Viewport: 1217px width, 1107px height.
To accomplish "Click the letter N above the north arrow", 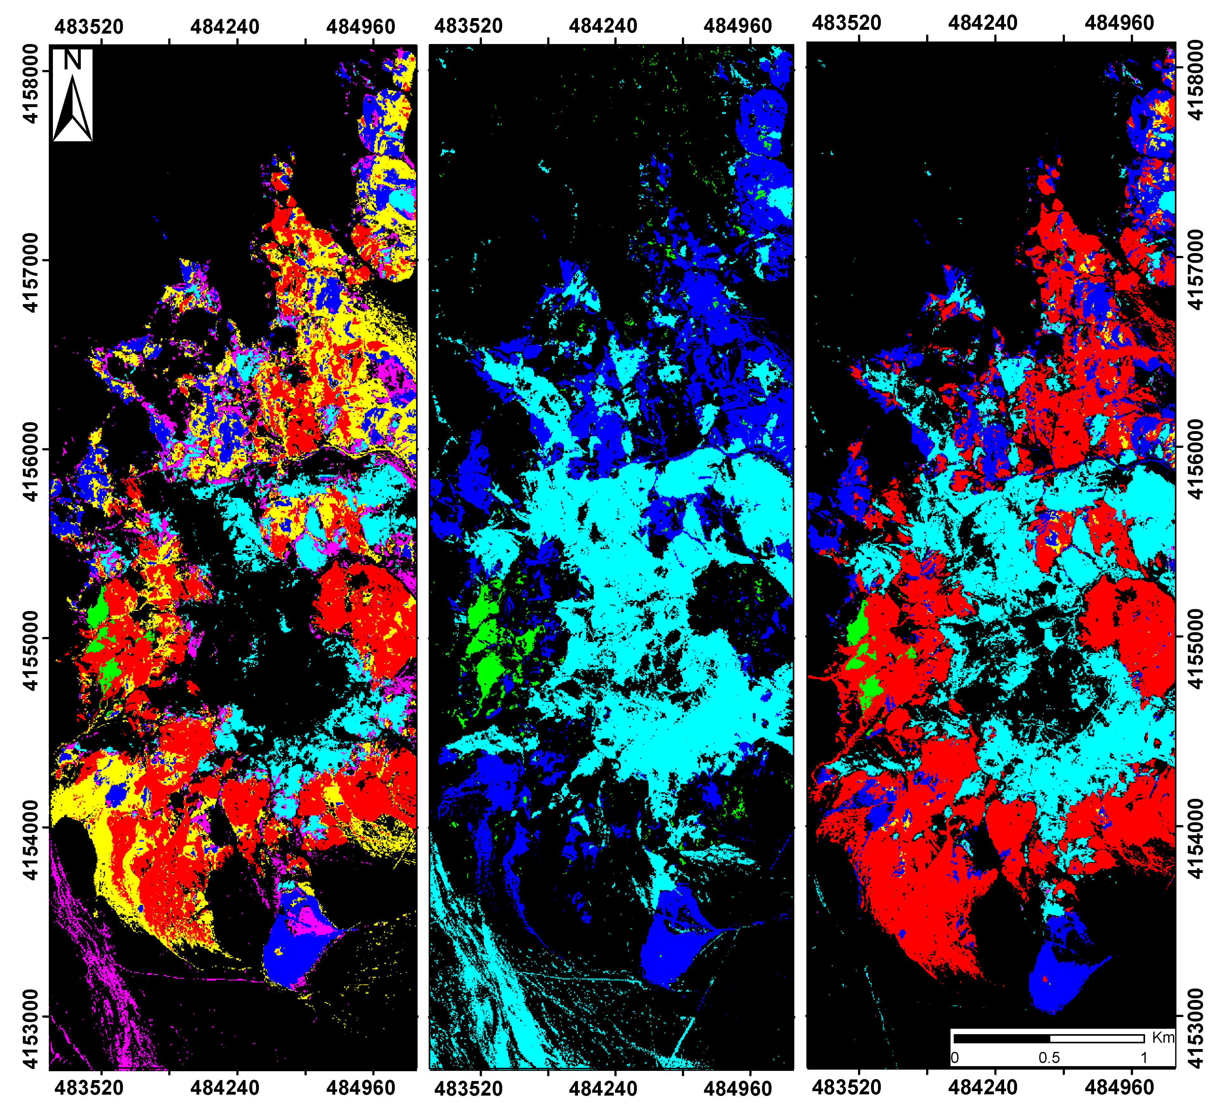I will (x=73, y=60).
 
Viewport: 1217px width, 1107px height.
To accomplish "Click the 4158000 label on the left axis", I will (x=31, y=85).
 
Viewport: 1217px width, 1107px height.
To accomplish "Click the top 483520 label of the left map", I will (x=89, y=27).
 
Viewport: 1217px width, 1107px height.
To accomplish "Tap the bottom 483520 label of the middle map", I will (x=468, y=1088).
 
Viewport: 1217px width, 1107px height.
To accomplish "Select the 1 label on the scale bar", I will (x=1143, y=1058).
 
